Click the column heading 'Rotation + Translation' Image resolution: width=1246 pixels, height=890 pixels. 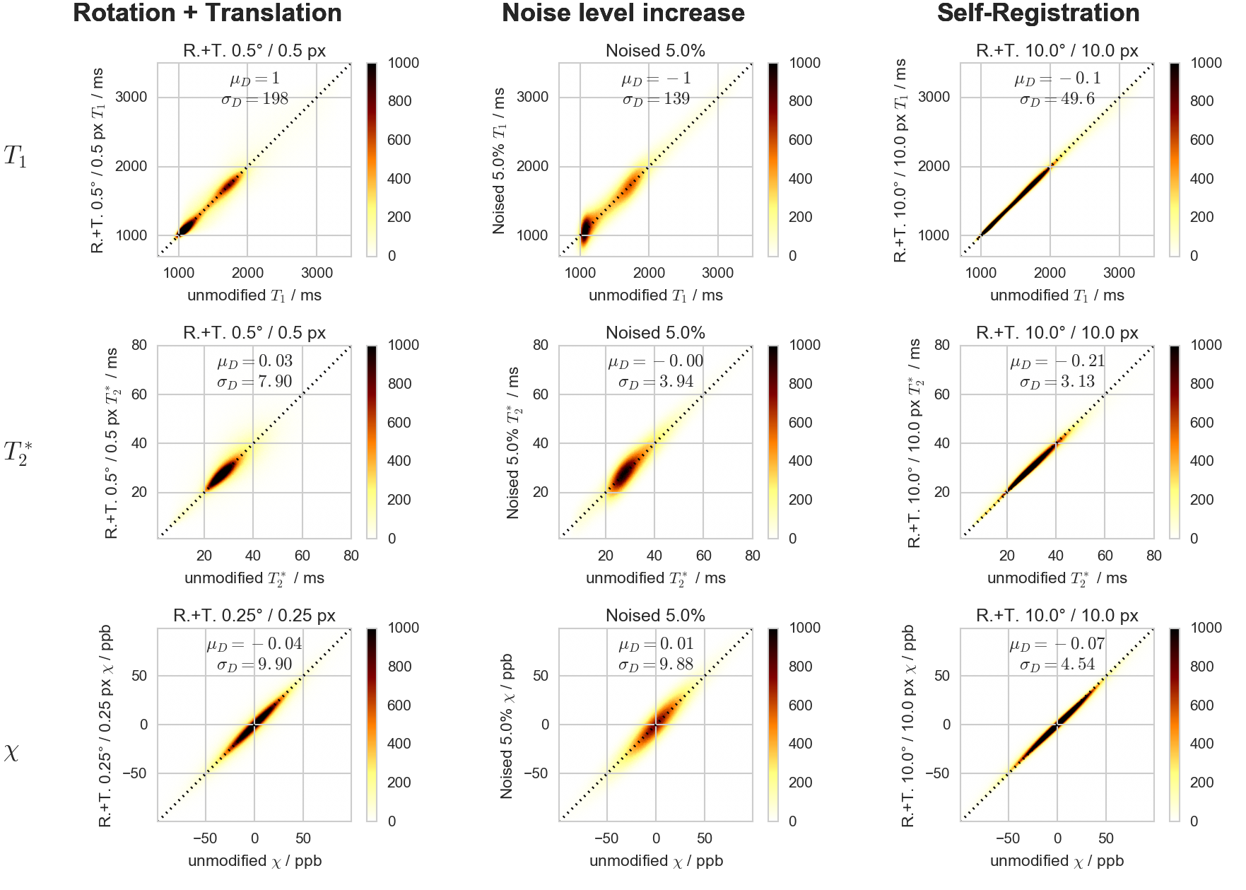[x=207, y=13]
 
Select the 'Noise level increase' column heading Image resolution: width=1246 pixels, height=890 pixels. [x=623, y=13]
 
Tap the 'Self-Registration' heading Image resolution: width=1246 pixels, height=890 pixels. [x=1038, y=13]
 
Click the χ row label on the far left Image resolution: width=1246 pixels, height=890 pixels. [x=12, y=754]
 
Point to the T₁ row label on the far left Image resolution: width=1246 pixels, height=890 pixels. [x=15, y=157]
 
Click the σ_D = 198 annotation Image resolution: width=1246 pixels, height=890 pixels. [x=254, y=99]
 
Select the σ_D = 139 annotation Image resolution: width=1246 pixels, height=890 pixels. [x=656, y=99]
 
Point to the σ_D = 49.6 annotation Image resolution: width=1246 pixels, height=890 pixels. [x=1057, y=99]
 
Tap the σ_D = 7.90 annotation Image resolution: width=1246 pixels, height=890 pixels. [x=254, y=382]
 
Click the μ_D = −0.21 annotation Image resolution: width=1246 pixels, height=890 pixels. [x=1057, y=362]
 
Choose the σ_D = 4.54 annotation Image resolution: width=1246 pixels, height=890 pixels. [x=1057, y=664]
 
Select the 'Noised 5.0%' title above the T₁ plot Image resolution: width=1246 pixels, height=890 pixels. [x=655, y=51]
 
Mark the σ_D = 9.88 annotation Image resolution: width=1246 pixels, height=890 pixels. [x=656, y=664]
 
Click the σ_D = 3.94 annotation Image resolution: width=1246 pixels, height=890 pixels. [x=656, y=382]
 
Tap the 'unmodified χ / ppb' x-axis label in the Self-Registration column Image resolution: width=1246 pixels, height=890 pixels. [x=1057, y=861]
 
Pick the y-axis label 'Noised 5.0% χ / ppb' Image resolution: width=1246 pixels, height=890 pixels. [x=507, y=725]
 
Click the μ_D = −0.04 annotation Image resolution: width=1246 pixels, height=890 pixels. [x=254, y=644]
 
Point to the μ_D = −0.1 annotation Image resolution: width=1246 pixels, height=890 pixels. [x=1057, y=79]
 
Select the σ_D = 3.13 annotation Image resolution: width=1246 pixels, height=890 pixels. [x=1057, y=382]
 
